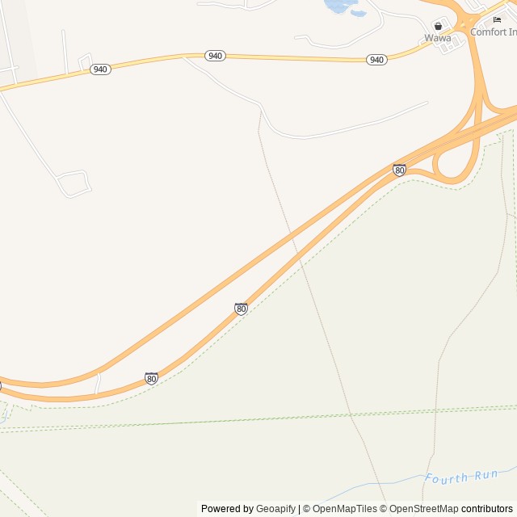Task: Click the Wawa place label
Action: click(438, 38)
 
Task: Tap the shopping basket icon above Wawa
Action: click(439, 26)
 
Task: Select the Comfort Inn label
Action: click(494, 32)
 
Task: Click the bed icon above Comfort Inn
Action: click(497, 19)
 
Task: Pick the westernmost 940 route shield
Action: click(100, 69)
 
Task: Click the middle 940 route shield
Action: click(214, 56)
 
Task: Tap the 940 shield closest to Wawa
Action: click(376, 60)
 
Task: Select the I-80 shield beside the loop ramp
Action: click(399, 170)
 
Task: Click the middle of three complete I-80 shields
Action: click(241, 309)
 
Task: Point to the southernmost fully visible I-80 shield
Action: click(151, 378)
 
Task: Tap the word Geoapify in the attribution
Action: click(275, 509)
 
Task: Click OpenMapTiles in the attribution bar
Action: click(344, 509)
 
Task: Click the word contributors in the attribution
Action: click(487, 509)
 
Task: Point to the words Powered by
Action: click(227, 509)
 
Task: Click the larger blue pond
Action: click(337, 6)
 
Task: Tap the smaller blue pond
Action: click(358, 13)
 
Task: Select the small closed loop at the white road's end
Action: click(74, 183)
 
